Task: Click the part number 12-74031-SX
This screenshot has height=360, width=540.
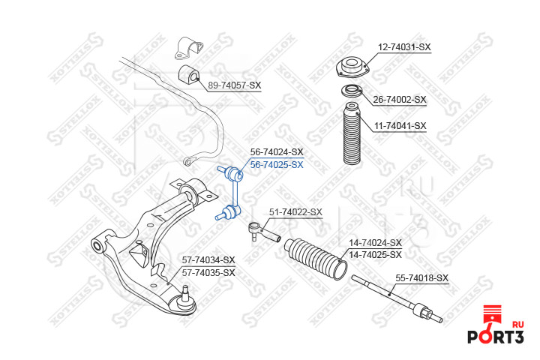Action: (404, 46)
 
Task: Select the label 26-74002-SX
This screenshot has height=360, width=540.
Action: (400, 99)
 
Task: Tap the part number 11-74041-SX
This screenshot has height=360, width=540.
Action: (400, 125)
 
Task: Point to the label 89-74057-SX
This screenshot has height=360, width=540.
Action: (234, 85)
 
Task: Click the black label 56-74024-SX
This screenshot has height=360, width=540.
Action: (276, 151)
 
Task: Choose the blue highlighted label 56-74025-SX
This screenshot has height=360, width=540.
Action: (276, 164)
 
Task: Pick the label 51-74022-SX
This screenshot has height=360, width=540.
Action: (295, 212)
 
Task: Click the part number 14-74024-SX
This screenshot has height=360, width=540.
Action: (375, 243)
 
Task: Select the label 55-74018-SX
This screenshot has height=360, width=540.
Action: (421, 278)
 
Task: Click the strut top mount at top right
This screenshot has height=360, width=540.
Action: (350, 67)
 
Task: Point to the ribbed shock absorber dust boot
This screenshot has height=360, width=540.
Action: (351, 136)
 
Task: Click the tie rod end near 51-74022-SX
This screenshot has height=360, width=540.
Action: (264, 232)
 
